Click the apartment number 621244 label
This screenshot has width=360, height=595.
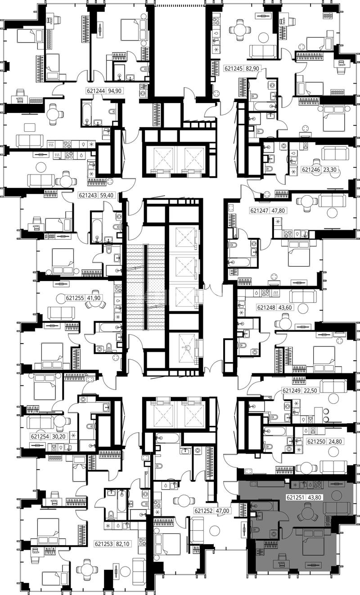(x=96, y=91)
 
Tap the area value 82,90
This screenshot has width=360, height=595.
(x=252, y=68)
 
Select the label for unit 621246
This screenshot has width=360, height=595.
(x=311, y=170)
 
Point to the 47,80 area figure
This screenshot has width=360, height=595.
(x=278, y=210)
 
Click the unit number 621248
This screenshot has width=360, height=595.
(x=266, y=308)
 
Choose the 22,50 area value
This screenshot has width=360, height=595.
(x=310, y=390)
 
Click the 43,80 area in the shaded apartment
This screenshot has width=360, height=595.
(x=315, y=497)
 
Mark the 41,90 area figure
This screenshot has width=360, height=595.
(x=94, y=298)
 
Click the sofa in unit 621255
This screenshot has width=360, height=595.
(x=61, y=313)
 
